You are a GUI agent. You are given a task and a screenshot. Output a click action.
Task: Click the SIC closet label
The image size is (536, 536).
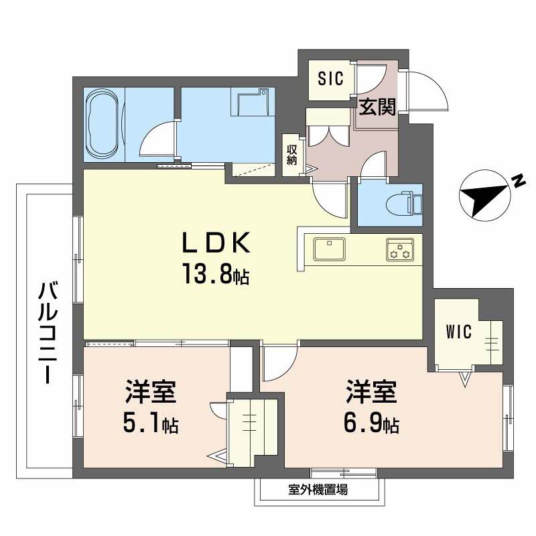(330, 79)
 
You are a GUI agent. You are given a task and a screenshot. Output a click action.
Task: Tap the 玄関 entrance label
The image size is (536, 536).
(374, 107)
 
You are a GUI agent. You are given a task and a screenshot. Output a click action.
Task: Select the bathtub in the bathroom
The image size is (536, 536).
(104, 125)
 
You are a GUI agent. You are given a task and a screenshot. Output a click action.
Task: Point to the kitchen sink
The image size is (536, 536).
(328, 249)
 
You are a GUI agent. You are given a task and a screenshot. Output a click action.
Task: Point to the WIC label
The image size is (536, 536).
(459, 331)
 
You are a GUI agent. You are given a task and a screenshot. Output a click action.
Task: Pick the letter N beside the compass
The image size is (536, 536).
(517, 181)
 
